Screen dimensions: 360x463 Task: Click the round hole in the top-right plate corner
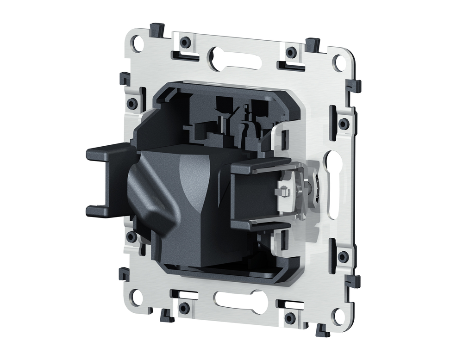(x=340, y=62)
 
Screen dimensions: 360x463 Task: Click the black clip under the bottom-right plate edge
(x=319, y=330)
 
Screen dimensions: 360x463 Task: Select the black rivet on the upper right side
(x=344, y=124)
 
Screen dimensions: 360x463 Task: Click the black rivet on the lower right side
(x=343, y=257)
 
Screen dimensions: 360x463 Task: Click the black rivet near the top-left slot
(x=185, y=43)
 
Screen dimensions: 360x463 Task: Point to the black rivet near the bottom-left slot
(x=184, y=307)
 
